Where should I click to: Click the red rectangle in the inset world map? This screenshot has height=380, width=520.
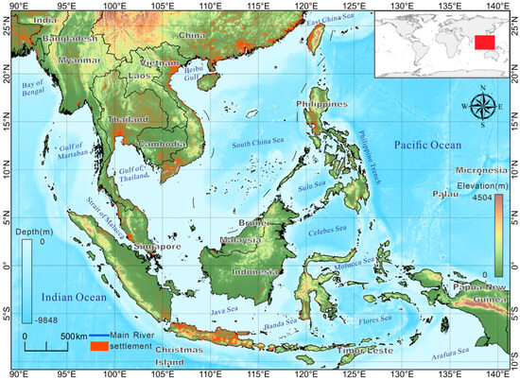coord(485,42)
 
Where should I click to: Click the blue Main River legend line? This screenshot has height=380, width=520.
coord(97,337)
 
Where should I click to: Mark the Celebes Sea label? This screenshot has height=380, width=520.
coord(326,228)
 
